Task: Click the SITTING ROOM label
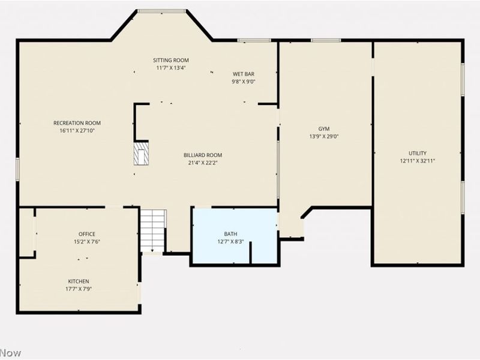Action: tap(171, 60)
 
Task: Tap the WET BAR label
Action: tap(244, 74)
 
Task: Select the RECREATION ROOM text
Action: tap(77, 123)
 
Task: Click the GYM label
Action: tap(324, 128)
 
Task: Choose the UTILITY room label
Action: tap(418, 153)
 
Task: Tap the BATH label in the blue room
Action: tap(231, 234)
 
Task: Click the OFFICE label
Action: tap(86, 234)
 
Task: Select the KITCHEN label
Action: tap(78, 281)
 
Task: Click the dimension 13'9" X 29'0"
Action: tap(324, 136)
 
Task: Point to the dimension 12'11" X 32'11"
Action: tap(418, 161)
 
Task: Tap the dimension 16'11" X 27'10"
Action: tap(77, 131)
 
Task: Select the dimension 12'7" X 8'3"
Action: tap(231, 242)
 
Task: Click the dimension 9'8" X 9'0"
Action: tap(244, 82)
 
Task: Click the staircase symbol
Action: tap(153, 229)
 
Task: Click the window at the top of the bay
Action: tap(161, 11)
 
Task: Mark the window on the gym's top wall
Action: tap(326, 40)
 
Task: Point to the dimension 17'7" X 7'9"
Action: tap(78, 289)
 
